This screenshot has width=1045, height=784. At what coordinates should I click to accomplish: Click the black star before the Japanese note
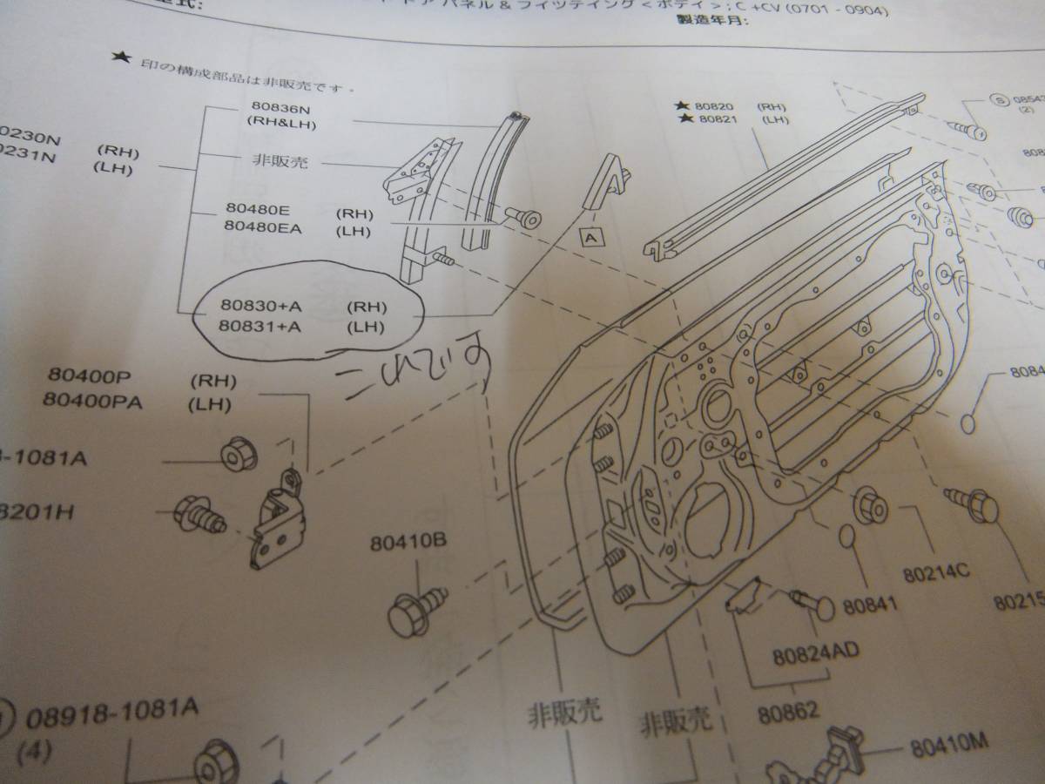(x=118, y=58)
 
